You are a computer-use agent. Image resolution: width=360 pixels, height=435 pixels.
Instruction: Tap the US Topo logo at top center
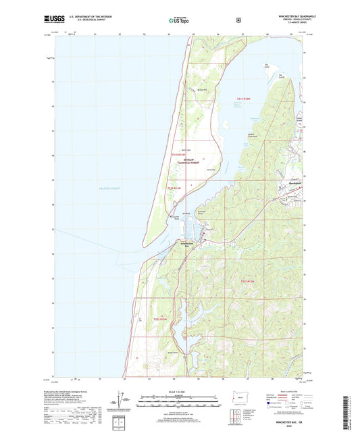180,21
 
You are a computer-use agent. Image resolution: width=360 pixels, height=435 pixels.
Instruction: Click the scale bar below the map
180,404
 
